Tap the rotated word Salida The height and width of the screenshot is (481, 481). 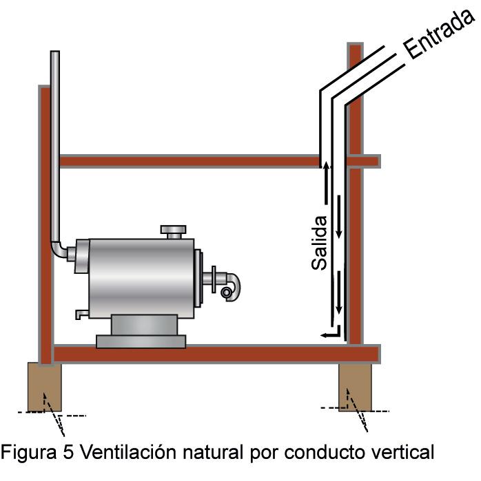click(x=318, y=242)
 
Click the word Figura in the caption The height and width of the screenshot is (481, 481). click(x=28, y=453)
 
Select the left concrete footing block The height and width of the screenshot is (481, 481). click(x=44, y=387)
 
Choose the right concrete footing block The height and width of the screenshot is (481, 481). click(x=355, y=387)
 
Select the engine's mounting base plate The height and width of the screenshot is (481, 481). click(x=141, y=340)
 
